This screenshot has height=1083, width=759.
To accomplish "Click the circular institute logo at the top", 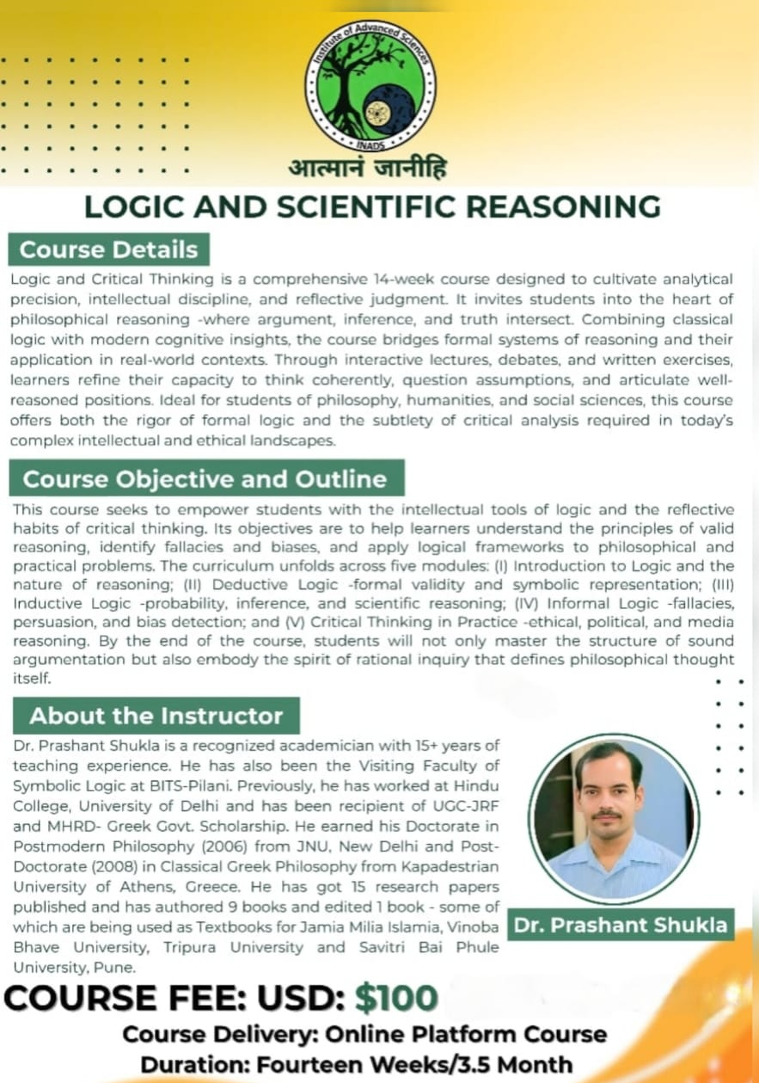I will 370,86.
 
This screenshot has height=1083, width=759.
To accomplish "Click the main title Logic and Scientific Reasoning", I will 372,207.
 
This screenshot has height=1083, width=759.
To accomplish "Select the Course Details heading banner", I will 109,250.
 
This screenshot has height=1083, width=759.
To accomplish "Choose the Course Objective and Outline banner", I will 205,479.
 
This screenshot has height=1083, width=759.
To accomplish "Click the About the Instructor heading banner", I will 156,716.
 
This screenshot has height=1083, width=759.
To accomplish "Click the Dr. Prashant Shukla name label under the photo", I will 620,926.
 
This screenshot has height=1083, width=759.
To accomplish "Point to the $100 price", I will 396,998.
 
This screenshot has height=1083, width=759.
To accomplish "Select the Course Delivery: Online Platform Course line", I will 364,1034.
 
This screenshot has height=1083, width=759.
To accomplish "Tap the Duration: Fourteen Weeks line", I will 356,1063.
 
